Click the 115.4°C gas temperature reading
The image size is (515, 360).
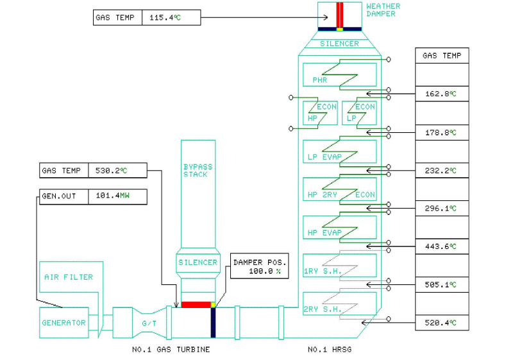point(165,17)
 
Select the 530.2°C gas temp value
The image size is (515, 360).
point(117,171)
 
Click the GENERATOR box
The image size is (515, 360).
point(63,323)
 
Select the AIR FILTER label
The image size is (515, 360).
point(69,277)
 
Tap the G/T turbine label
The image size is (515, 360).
point(147,323)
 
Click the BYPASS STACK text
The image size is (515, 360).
point(198,171)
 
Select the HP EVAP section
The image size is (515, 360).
point(339,228)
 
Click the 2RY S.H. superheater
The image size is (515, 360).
point(339,304)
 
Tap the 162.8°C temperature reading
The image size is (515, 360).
point(442,94)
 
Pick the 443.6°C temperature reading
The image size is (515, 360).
point(442,246)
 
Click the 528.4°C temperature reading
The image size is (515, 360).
point(442,322)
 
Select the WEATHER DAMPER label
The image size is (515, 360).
point(382,10)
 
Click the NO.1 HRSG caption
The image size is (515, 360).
point(330,350)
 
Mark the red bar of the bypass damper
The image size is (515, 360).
point(196,304)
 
